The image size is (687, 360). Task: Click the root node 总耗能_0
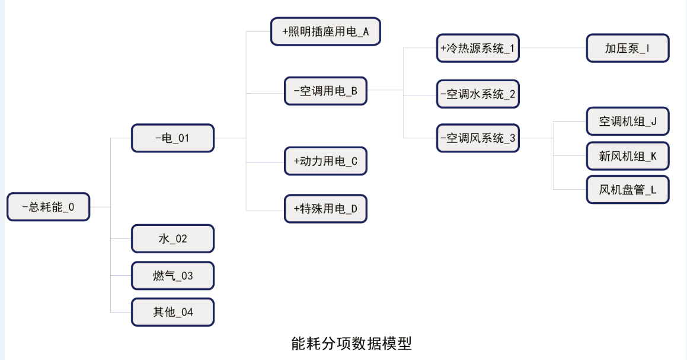(48, 207)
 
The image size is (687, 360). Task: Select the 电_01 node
(172, 138)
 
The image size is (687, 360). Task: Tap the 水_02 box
(172, 238)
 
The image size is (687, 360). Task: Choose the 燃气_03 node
(172, 276)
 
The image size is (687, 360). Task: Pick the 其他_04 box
(172, 312)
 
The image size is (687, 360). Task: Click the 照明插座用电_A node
(325, 31)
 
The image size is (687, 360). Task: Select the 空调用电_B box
(325, 91)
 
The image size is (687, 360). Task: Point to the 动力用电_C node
(325, 161)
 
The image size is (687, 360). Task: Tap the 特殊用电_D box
(325, 209)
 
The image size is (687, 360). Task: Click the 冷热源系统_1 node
(478, 48)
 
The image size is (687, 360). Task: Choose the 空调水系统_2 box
(478, 94)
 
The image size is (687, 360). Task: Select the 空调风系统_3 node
(478, 138)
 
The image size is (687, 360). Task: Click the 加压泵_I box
(628, 48)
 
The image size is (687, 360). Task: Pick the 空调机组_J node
(628, 121)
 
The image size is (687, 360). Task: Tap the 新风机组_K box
(628, 156)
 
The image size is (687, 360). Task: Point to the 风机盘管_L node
(628, 190)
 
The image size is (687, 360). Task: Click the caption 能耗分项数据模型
(352, 343)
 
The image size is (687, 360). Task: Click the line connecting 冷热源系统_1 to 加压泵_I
(553, 48)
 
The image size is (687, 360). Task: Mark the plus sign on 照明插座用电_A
(285, 31)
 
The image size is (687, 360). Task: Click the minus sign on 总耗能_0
(25, 207)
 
